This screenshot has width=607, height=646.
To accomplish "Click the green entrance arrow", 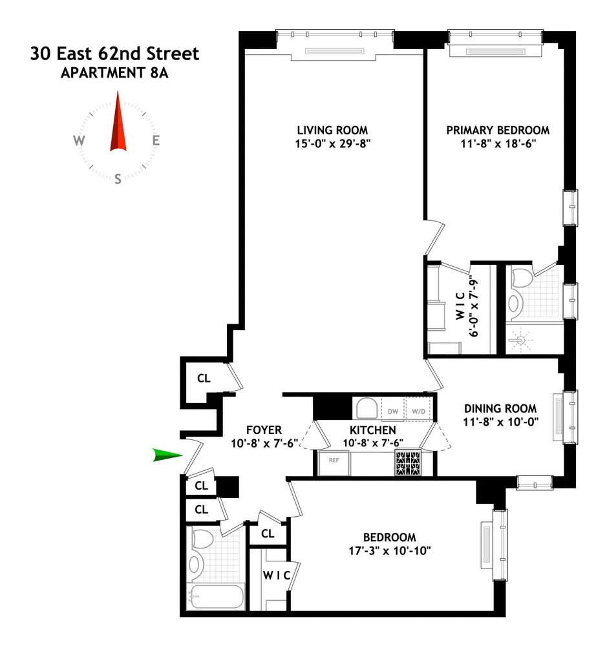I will (x=167, y=455).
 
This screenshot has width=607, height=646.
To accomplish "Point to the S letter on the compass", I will (x=118, y=179).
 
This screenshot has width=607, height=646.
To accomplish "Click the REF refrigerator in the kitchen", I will (x=334, y=461).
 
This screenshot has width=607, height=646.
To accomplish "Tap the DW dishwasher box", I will (x=392, y=411).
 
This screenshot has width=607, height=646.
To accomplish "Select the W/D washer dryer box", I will (x=418, y=411).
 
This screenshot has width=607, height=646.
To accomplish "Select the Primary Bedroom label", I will (x=498, y=130).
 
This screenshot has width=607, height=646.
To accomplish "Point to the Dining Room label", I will (x=500, y=408).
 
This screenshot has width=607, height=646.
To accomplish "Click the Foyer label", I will (x=264, y=430).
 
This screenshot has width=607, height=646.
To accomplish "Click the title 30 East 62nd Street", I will (x=114, y=54).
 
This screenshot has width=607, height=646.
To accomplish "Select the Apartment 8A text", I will (x=114, y=72).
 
